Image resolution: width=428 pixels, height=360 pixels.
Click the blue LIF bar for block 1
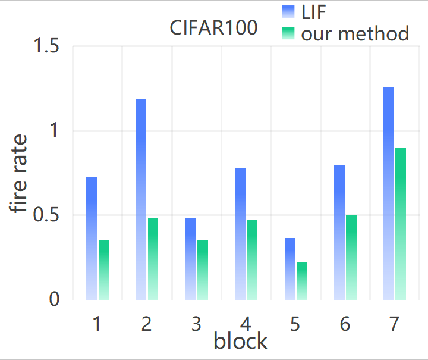[91, 238]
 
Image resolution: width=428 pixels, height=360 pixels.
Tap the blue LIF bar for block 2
[141, 199]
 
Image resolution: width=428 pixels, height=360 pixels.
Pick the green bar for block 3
[203, 270]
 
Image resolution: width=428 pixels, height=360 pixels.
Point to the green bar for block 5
[301, 281]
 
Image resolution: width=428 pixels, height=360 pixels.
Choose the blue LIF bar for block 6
[339, 232]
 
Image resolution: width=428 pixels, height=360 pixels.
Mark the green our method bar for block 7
[401, 224]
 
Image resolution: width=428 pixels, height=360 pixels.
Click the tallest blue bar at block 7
[389, 193]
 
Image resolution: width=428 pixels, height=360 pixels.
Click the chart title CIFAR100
[213, 28]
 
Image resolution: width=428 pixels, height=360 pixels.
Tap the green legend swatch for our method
[288, 34]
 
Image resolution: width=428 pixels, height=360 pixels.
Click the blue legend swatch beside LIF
[288, 11]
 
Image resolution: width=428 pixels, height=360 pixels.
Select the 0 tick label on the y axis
[54, 300]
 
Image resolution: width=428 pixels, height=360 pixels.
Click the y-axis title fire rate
[19, 174]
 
